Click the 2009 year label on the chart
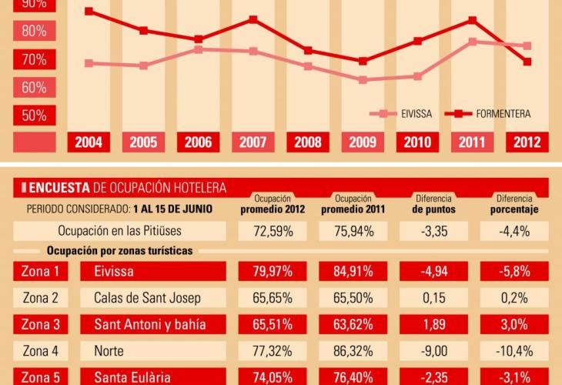coord(363,142)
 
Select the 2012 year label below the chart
coord(527,142)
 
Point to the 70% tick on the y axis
coord(35,59)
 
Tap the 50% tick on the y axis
coord(35,115)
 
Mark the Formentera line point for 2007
coord(253,19)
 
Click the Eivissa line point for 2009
coord(363,79)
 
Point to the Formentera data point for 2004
coord(89,12)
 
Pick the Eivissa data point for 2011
coord(472,42)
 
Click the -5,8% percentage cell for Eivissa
coord(514,271)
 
